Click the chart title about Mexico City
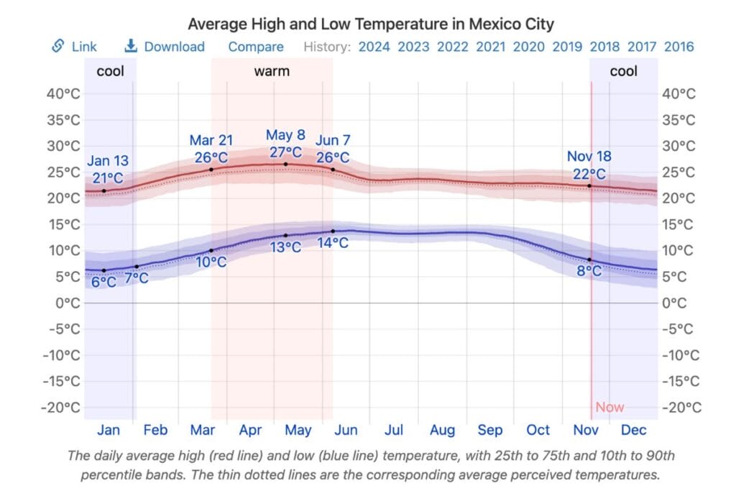click(371, 24)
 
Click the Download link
click(174, 47)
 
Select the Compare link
click(256, 47)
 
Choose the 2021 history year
click(490, 47)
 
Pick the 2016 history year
click(678, 47)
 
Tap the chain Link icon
click(58, 46)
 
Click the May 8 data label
click(285, 135)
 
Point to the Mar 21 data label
click(211, 140)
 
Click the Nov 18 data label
click(589, 157)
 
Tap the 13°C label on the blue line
click(285, 248)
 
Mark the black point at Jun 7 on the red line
click(333, 170)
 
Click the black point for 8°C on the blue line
click(590, 260)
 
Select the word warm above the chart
click(272, 71)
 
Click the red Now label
click(609, 408)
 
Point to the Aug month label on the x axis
click(442, 431)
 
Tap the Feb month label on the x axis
click(155, 431)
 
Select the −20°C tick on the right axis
click(681, 408)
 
